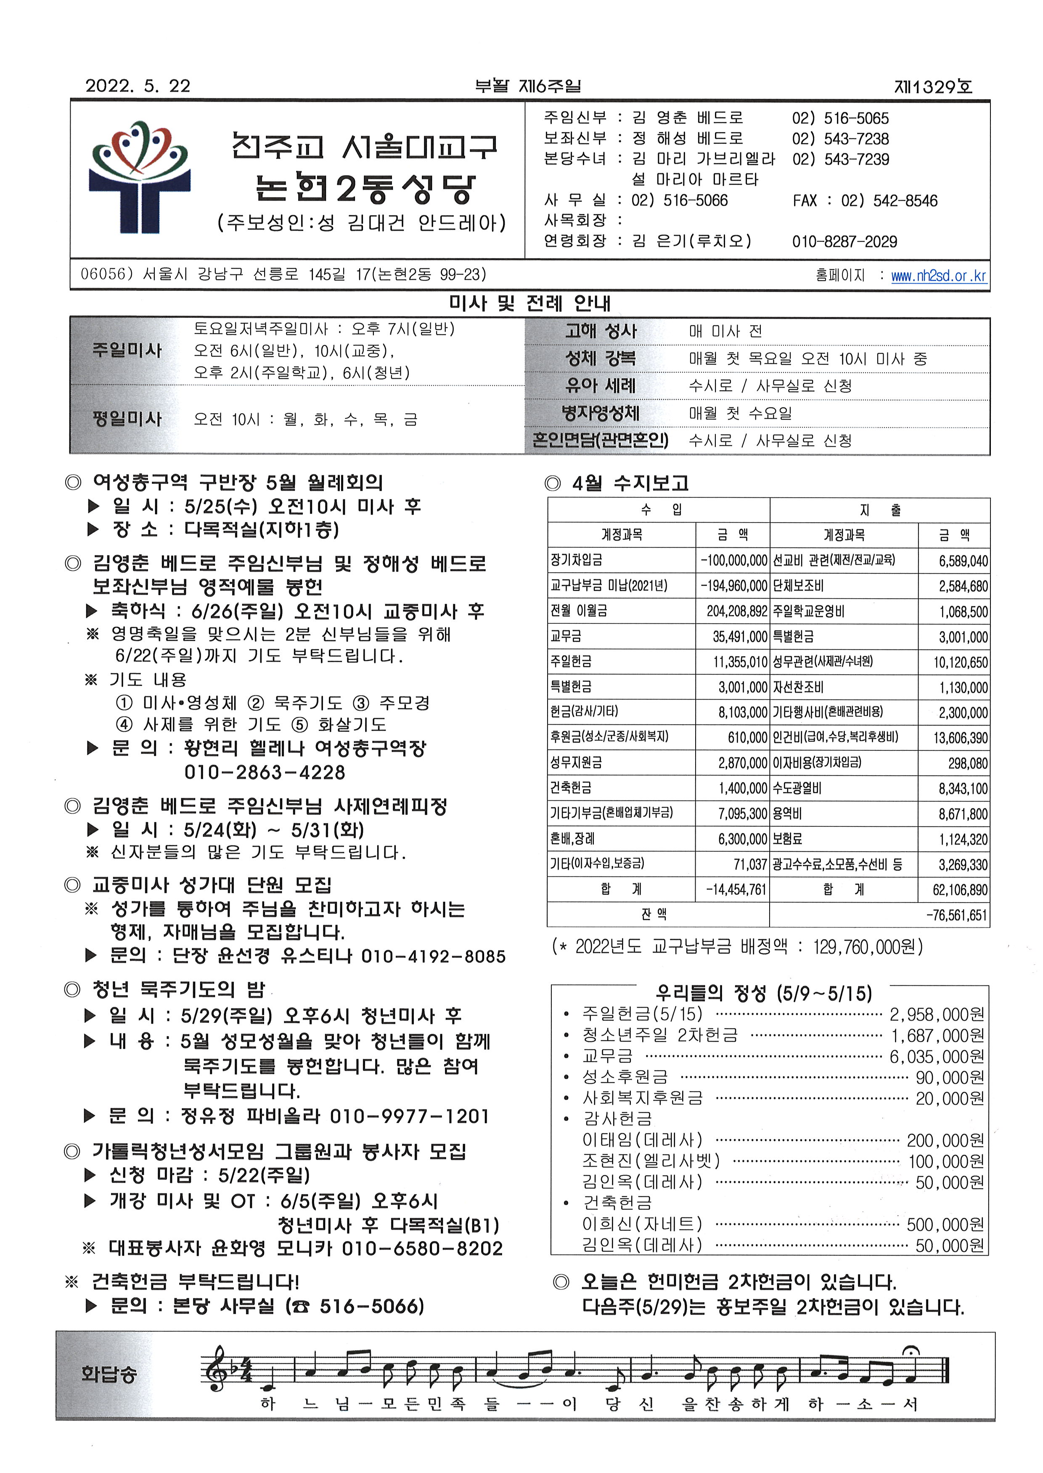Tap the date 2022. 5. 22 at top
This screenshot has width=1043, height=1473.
(138, 86)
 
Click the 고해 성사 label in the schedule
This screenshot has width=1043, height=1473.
(601, 331)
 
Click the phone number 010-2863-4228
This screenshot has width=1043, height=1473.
(265, 772)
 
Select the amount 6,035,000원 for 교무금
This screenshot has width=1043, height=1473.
(937, 1056)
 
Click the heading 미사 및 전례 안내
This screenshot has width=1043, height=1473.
(530, 304)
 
